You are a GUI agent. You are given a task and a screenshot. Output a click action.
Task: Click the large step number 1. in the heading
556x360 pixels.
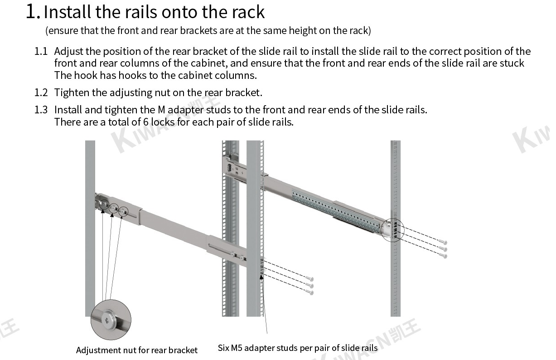[34, 11]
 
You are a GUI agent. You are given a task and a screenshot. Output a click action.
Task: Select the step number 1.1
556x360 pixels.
[41, 51]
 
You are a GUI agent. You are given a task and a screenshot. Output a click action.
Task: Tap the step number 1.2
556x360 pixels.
[41, 92]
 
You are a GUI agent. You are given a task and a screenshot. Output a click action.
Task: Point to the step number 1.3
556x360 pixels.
[41, 110]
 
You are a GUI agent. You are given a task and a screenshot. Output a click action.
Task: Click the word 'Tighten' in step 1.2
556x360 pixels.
[72, 92]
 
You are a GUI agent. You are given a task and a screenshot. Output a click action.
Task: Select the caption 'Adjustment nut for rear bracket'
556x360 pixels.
[137, 350]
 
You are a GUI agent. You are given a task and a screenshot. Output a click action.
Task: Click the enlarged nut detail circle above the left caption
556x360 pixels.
[111, 320]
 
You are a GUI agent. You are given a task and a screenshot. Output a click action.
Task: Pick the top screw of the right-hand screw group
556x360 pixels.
[444, 242]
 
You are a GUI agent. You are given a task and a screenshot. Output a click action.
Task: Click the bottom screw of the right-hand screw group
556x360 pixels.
[445, 256]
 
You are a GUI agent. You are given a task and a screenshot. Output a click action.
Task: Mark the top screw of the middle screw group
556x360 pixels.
[310, 278]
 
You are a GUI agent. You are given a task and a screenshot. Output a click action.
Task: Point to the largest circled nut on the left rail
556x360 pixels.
[103, 205]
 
